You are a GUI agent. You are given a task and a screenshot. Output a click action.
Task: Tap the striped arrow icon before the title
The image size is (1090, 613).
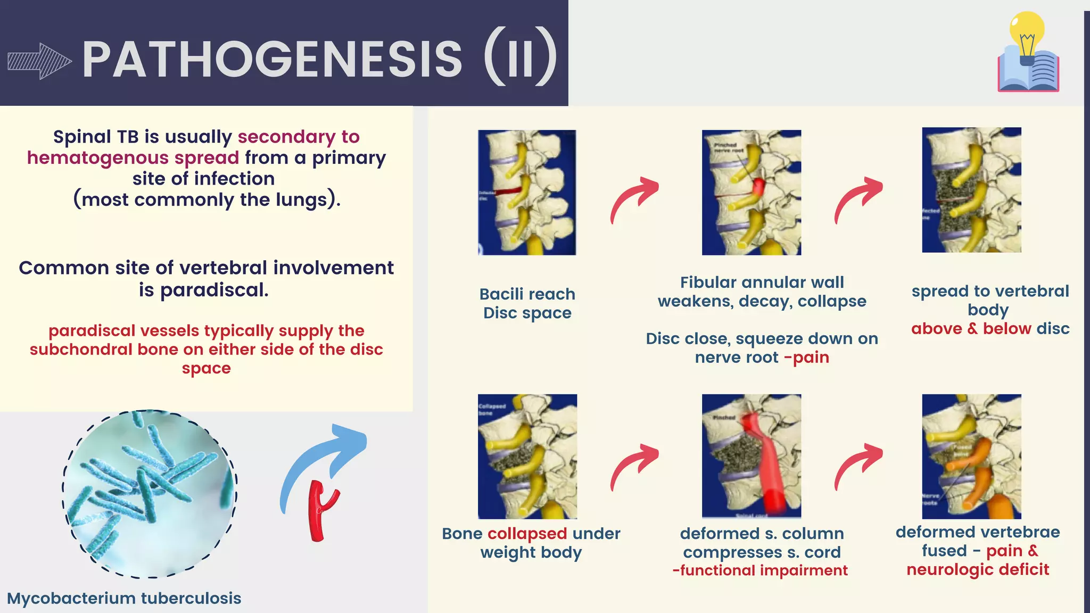39,61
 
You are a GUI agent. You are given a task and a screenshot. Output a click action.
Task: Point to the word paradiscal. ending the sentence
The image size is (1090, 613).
214,290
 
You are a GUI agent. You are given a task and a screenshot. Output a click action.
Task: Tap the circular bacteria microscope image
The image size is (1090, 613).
150,493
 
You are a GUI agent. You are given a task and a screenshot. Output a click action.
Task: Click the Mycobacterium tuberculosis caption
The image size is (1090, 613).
124,598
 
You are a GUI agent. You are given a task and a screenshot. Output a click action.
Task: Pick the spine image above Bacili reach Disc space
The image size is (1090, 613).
527,192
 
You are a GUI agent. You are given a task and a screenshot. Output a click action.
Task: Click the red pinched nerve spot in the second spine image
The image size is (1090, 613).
758,186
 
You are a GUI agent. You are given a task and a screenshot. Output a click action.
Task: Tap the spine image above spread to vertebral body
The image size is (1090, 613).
971,189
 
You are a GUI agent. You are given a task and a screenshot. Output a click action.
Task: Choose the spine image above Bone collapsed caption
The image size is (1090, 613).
527,456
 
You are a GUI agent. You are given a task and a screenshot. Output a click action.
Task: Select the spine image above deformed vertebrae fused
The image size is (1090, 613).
971,456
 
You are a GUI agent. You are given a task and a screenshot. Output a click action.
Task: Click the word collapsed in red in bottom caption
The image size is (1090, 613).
527,534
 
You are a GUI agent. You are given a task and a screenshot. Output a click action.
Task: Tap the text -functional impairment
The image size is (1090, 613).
759,570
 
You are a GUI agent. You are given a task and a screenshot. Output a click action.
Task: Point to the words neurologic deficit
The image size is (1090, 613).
977,569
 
